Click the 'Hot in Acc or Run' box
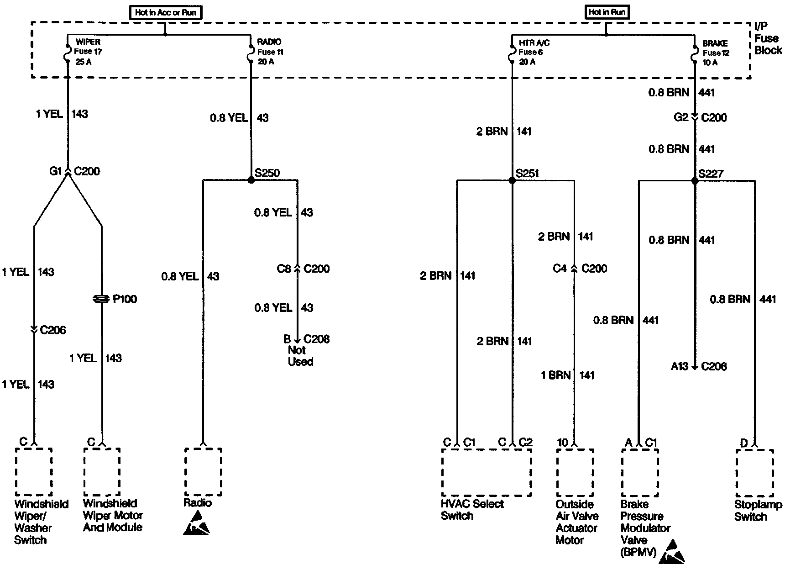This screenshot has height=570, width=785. (165, 12)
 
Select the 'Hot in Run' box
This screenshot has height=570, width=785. (607, 12)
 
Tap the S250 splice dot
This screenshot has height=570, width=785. (251, 180)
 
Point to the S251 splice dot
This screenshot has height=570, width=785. (512, 180)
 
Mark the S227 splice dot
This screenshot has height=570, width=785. (695, 181)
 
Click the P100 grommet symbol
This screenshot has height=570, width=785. (101, 299)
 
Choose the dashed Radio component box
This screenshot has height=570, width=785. (203, 471)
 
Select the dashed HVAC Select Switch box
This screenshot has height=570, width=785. (487, 472)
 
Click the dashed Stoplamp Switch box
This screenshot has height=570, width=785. (754, 473)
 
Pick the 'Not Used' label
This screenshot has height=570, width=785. (300, 356)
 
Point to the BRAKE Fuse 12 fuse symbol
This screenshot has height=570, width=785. (694, 53)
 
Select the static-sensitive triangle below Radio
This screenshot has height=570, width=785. (197, 523)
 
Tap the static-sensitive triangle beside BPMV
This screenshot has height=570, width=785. (672, 551)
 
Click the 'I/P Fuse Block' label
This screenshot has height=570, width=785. (768, 38)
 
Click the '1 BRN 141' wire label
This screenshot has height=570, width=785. (568, 375)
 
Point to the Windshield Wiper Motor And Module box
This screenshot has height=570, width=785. (102, 472)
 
